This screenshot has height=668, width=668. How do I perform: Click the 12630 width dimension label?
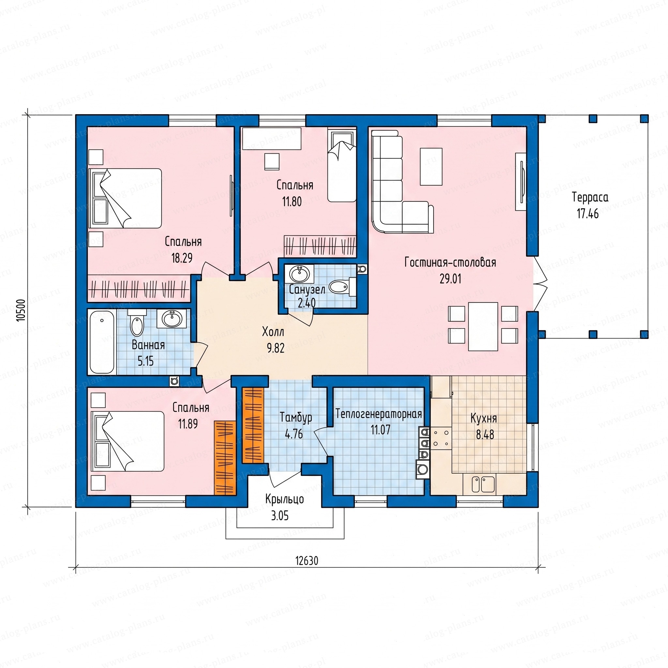point(307,561)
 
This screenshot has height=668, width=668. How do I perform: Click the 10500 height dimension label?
point(22,310)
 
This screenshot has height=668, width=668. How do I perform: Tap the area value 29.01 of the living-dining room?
point(450,279)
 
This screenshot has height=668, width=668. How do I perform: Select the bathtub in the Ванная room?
point(102,342)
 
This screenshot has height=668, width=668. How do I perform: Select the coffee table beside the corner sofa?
point(431,167)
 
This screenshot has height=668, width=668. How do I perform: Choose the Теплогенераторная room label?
point(379,414)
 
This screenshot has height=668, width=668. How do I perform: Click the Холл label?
point(273,332)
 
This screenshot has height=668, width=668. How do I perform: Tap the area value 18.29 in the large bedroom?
point(182,258)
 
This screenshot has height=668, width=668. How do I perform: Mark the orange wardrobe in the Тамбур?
point(253,425)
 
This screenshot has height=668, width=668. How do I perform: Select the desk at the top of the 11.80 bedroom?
point(272,139)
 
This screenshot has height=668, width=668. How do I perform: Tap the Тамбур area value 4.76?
point(294,434)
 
